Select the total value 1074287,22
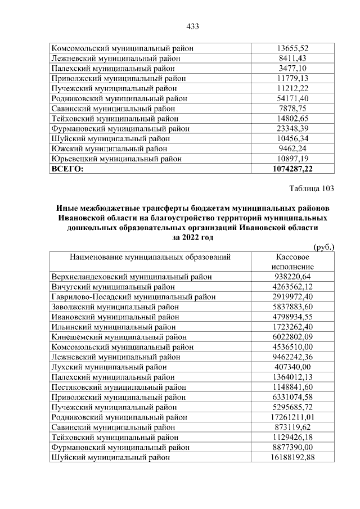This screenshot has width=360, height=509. pyautogui.click(x=291, y=169)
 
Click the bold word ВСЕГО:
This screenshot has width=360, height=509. pyautogui.click(x=67, y=169)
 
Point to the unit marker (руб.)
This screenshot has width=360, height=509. pyautogui.click(x=323, y=246)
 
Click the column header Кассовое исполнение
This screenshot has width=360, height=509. pyautogui.click(x=291, y=261)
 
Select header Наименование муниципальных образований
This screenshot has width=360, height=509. pyautogui.click(x=150, y=256)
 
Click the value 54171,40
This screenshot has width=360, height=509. pyautogui.click(x=291, y=98)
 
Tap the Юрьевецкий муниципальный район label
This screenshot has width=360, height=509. pyautogui.click(x=116, y=159)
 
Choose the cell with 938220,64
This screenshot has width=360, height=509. pyautogui.click(x=291, y=276)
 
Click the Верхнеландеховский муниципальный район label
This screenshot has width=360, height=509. pyautogui.click(x=132, y=276)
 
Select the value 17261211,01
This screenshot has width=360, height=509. pyautogui.click(x=291, y=417)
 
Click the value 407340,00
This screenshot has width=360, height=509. pyautogui.click(x=291, y=367)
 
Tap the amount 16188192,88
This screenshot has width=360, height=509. pyautogui.click(x=291, y=457)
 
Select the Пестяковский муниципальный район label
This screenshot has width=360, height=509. pyautogui.click(x=116, y=387)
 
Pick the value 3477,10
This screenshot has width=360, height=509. pyautogui.click(x=291, y=68)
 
